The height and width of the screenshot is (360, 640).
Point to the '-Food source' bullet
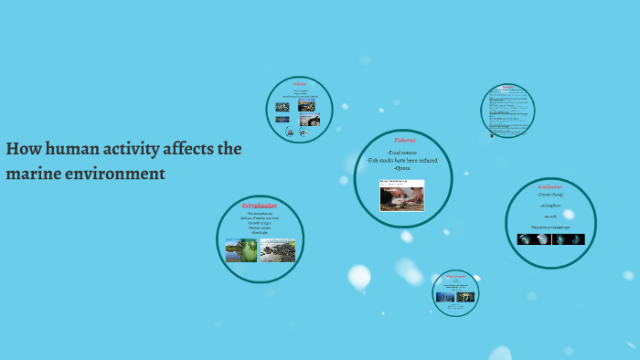tap(402, 153)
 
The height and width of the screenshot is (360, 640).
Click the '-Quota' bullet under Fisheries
tap(402, 168)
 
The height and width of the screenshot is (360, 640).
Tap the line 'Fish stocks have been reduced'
tap(402, 161)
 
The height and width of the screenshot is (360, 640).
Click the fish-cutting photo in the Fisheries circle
tap(402, 195)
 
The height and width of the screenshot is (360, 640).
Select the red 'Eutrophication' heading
tap(260, 206)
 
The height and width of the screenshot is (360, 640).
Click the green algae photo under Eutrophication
tap(241, 250)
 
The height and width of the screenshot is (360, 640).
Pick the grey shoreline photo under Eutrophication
tap(278, 250)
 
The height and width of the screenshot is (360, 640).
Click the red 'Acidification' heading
tap(549, 185)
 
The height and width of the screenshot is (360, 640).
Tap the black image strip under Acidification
tap(550, 239)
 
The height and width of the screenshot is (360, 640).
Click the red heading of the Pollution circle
tap(299, 83)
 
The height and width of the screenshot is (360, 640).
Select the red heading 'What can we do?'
tap(455, 276)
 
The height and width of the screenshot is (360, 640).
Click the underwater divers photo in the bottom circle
tap(446, 297)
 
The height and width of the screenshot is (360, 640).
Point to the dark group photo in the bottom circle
tap(465, 297)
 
